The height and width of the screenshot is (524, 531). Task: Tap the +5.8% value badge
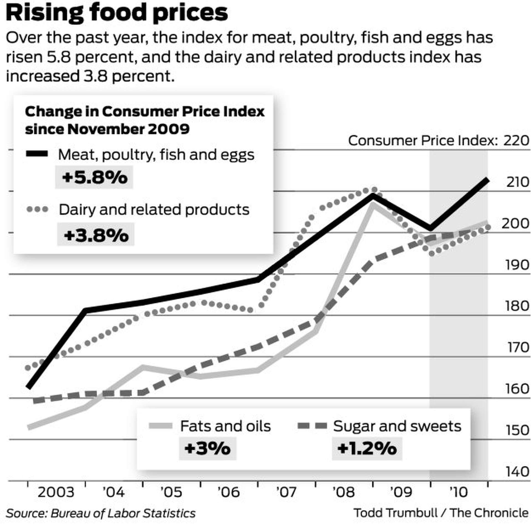(94, 177)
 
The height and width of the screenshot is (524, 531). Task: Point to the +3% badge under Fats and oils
(207, 448)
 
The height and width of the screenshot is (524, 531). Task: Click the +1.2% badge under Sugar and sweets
(367, 448)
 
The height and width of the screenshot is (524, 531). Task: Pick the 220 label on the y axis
(516, 140)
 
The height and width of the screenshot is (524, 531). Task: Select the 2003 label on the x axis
(56, 492)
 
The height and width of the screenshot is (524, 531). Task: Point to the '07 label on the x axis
(286, 492)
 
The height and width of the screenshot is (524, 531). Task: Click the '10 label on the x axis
(458, 492)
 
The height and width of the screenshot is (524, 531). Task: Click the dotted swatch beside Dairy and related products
(37, 209)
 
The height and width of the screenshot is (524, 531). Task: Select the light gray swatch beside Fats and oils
(160, 426)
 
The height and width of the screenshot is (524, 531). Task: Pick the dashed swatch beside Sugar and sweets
(312, 426)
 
